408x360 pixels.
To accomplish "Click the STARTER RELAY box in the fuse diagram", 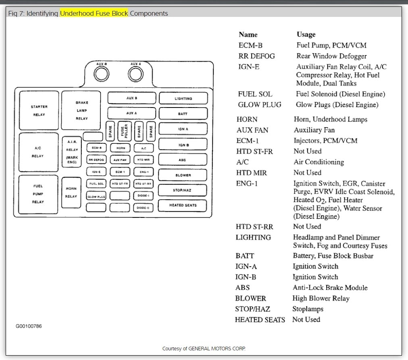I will (x=39, y=111).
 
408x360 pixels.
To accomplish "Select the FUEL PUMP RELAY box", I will (x=39, y=194).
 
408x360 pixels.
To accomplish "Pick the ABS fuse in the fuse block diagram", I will (x=183, y=160).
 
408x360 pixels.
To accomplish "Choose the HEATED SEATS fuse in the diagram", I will (x=183, y=205).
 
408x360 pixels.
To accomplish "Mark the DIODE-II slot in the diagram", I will (x=143, y=208).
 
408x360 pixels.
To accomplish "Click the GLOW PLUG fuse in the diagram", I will (x=96, y=197).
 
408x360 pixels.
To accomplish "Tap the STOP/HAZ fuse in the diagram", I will (x=183, y=190).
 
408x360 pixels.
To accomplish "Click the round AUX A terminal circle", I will (x=136, y=74).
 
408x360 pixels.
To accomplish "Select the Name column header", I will (x=248, y=35).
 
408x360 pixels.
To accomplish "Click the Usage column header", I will (x=306, y=35).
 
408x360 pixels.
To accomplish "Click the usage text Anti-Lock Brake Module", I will (x=330, y=288).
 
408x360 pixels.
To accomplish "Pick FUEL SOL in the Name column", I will (x=255, y=94).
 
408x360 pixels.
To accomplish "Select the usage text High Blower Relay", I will (x=321, y=298).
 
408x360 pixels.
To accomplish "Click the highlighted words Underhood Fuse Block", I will (x=94, y=14).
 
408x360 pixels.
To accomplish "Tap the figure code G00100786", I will (x=29, y=326).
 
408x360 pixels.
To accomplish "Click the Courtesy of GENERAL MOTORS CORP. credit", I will (x=204, y=348).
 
